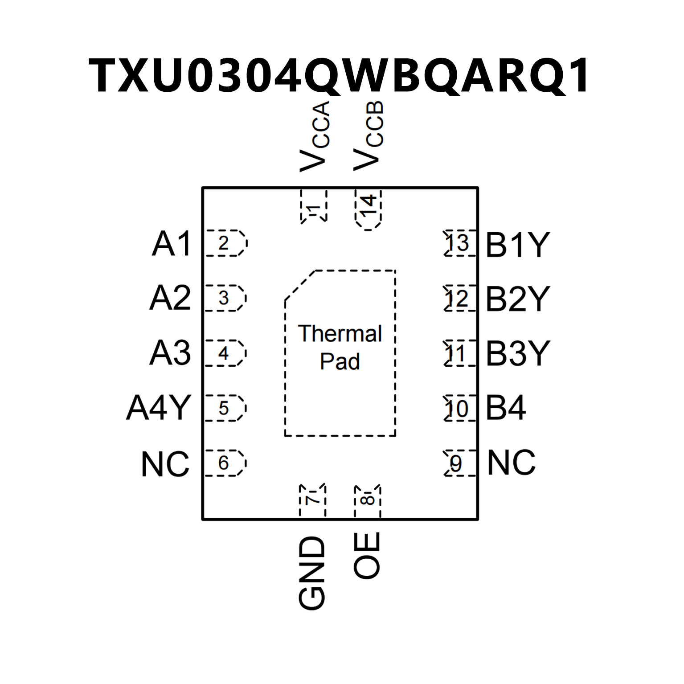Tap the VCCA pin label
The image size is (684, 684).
pos(315,136)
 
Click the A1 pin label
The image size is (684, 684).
pos(172,244)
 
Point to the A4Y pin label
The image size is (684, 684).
pos(159,408)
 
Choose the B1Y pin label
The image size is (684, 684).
pos(517,245)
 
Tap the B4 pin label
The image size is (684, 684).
pos(506,408)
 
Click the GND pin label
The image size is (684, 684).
pos(312,573)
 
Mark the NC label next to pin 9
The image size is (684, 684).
pos(512,463)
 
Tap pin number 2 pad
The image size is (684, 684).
pos(225,243)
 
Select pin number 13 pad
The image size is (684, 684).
pos(459,243)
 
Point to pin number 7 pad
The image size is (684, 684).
pos(313,500)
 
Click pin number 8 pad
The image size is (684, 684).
pos(368,500)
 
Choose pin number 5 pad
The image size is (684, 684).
pos(225,408)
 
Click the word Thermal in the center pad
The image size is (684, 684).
pos(340,334)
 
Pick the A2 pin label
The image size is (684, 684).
pos(170,298)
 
